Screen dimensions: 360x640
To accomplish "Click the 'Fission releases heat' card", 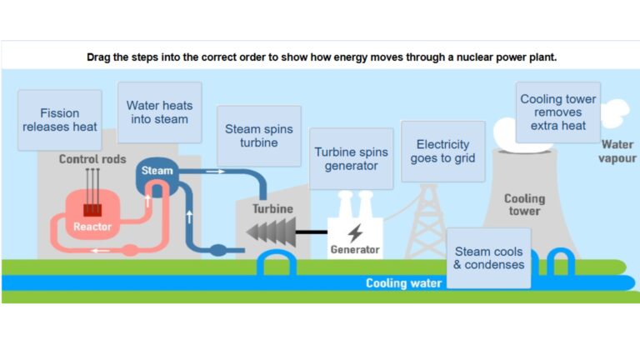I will pyautogui.click(x=60, y=120).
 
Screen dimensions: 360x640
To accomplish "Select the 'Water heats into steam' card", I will pyautogui.click(x=159, y=112).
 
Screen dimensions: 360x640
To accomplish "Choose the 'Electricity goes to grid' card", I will pyautogui.click(x=442, y=151).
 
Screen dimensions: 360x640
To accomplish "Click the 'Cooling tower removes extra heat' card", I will pyautogui.click(x=557, y=112).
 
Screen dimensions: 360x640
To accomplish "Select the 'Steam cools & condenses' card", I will pyautogui.click(x=488, y=258).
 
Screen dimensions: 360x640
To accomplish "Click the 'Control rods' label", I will pyautogui.click(x=92, y=159).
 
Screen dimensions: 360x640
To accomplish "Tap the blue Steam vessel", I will pyautogui.click(x=157, y=172).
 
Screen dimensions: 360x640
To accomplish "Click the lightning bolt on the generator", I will pyautogui.click(x=355, y=232).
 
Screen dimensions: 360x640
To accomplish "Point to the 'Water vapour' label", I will pyautogui.click(x=617, y=151).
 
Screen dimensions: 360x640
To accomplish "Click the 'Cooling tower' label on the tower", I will pyautogui.click(x=524, y=205).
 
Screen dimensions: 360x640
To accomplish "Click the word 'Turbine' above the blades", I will pyautogui.click(x=272, y=208).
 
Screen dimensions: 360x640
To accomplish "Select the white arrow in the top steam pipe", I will pyautogui.click(x=215, y=172).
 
